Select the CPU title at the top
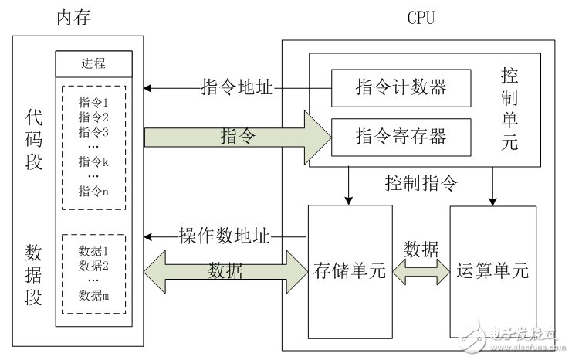pyautogui.click(x=421, y=16)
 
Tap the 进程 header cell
pyautogui.click(x=93, y=63)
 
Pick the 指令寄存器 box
pyautogui.click(x=400, y=137)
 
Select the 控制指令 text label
pyautogui.click(x=421, y=184)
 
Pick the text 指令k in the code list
pyautogui.click(x=93, y=161)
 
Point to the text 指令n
pyautogui.click(x=93, y=192)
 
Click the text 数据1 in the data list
pyautogui.click(x=93, y=251)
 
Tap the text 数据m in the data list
pyautogui.click(x=93, y=294)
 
